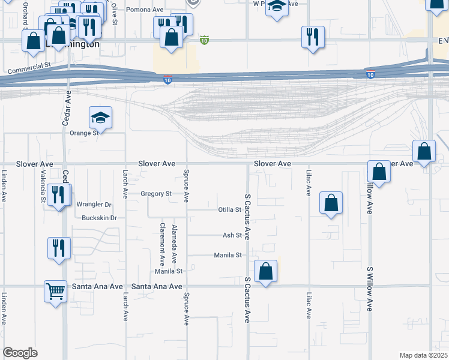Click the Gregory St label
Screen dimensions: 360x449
156,194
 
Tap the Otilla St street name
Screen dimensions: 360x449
229,210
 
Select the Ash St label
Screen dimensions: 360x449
232,236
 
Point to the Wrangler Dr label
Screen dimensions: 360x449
94,205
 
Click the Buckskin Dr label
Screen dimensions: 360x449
99,218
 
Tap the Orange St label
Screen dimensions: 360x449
84,133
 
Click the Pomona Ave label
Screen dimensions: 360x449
145,10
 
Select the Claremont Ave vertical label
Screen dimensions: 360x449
162,244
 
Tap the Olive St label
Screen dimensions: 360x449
113,11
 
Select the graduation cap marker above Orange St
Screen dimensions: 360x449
100,117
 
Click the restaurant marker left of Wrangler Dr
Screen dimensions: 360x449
59,195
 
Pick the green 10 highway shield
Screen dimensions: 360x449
204,41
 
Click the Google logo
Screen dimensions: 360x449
20,353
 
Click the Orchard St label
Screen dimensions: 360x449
25,14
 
